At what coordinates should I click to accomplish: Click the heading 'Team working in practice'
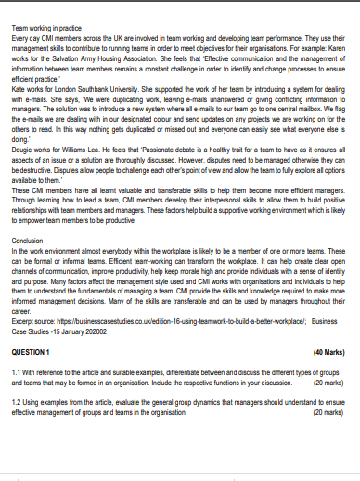(x=46, y=29)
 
